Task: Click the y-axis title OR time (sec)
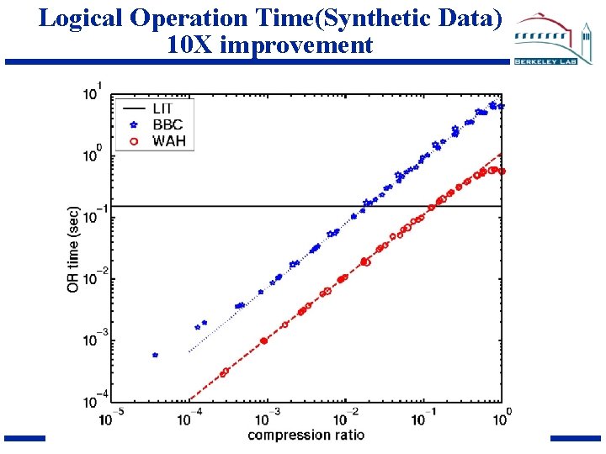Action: coord(73,250)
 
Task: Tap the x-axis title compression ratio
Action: coord(301,435)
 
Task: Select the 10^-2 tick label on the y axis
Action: coord(92,278)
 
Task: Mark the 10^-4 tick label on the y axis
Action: coord(92,402)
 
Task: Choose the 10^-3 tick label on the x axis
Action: coord(268,416)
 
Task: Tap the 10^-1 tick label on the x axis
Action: coord(424,416)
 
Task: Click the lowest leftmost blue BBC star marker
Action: coord(155,355)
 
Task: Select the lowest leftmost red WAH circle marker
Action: coord(225,372)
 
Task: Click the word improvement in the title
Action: coord(295,45)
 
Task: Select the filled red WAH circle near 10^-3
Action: coord(264,341)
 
